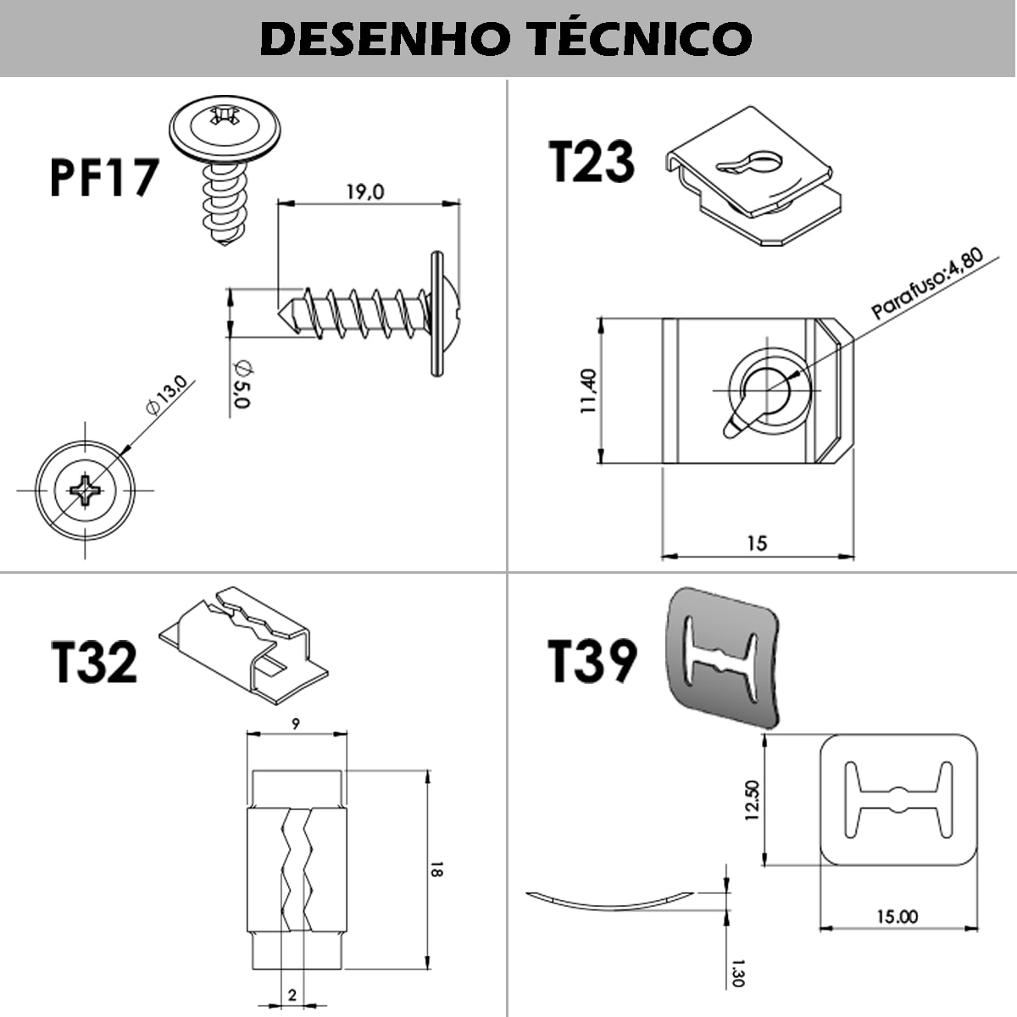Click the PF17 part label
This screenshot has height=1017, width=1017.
click(x=103, y=177)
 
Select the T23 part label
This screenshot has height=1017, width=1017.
click(x=591, y=162)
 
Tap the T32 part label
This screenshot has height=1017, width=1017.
click(x=94, y=662)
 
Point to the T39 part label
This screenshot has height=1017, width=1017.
click(x=591, y=662)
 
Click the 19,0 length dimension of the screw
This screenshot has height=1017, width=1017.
click(x=364, y=192)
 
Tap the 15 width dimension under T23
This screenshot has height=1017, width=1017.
click(x=757, y=543)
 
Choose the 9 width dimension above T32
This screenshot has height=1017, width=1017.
click(x=294, y=723)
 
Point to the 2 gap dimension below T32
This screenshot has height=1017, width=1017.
click(x=292, y=996)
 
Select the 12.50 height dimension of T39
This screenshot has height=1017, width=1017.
click(x=752, y=801)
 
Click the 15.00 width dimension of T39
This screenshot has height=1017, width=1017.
click(x=898, y=916)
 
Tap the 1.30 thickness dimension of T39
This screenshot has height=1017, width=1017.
click(x=736, y=972)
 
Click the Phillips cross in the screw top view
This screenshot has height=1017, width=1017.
click(x=85, y=489)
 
